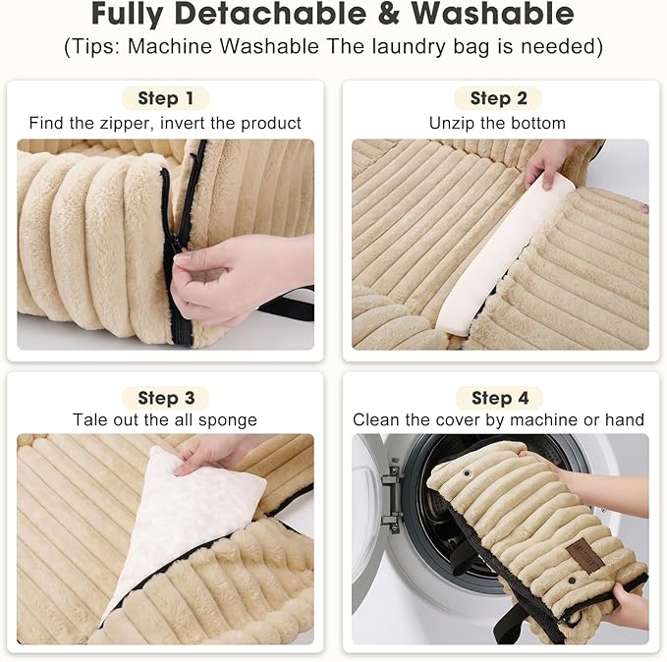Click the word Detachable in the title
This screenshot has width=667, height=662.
(x=270, y=14)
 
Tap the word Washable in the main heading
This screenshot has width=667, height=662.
(x=492, y=14)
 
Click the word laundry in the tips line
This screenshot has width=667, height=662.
(x=409, y=47)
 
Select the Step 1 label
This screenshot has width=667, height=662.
(x=165, y=98)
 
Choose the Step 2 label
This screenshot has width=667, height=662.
(x=499, y=98)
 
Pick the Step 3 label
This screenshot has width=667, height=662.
(x=166, y=398)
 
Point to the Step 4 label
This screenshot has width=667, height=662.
(x=500, y=398)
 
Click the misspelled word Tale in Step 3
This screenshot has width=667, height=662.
(x=86, y=420)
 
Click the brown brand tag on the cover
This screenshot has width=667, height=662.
(x=585, y=555)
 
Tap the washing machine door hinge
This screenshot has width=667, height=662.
(x=392, y=496)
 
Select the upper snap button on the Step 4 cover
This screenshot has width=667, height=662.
(x=468, y=473)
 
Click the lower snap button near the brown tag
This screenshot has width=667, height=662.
(x=572, y=579)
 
